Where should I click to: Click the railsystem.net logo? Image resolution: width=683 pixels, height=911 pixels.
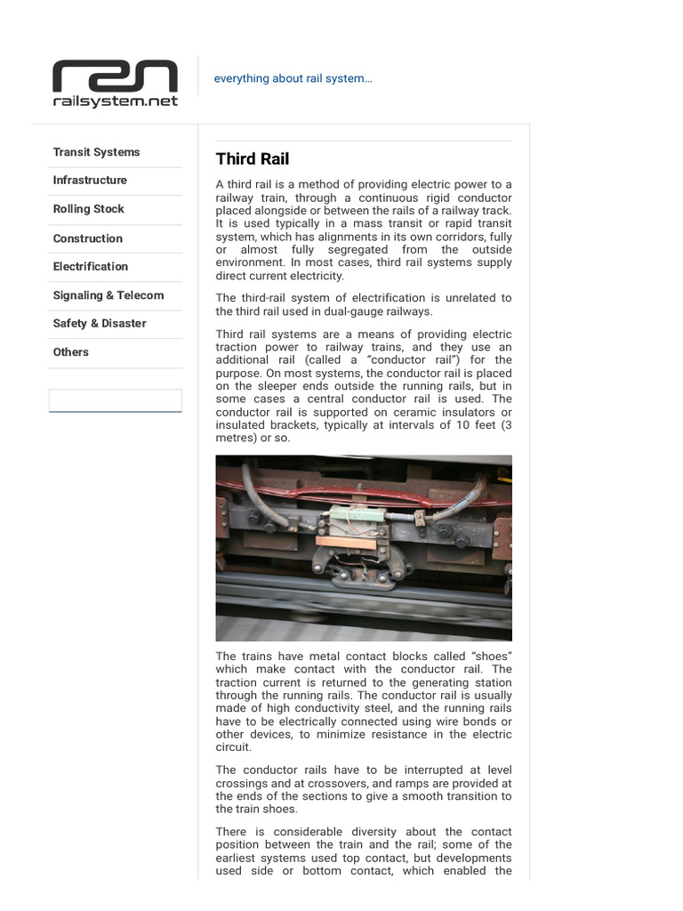(115, 84)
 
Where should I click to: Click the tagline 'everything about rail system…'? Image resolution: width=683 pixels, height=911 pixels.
(293, 78)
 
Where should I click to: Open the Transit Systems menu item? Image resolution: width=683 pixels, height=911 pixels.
(96, 152)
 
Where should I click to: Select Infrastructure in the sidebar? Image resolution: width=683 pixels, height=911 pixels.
(90, 180)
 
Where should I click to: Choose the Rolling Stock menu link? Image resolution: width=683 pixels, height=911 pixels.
(88, 209)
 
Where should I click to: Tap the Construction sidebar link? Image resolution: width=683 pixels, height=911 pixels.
(87, 238)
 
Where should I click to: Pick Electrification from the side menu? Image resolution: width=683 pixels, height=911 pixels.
(90, 266)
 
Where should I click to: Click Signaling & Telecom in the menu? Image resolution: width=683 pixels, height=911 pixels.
(108, 295)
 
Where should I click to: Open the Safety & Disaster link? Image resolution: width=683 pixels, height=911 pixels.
(100, 323)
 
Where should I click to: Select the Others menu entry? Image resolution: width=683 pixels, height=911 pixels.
(70, 352)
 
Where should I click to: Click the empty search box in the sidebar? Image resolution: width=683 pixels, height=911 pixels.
(116, 400)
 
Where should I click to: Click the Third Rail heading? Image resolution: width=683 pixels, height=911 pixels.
(253, 159)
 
